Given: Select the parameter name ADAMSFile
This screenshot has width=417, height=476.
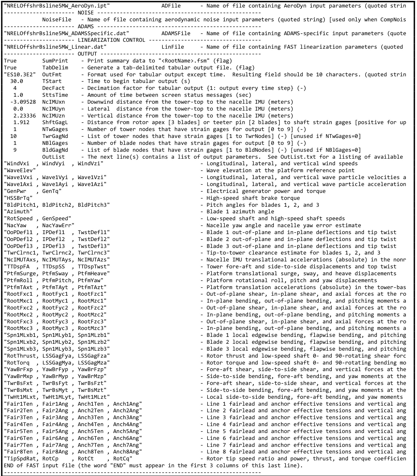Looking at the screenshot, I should [176, 33].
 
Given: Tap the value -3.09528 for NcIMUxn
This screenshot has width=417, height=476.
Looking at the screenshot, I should [23, 102].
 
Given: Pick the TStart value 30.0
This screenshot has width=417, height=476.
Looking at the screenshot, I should [17, 81].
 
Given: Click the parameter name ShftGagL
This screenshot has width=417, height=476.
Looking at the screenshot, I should [55, 122].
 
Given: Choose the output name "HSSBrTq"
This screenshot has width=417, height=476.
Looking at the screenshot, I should [18, 198].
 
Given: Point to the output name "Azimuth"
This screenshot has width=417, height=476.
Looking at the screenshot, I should [18, 212].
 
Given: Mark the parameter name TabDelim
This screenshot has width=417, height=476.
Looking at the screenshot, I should [55, 68].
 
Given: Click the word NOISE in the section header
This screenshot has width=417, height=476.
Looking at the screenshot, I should [86, 13].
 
